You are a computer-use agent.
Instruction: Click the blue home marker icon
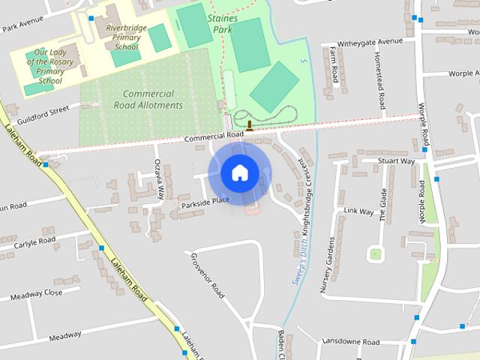pyautogui.click(x=239, y=172)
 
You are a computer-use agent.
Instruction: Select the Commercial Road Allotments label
pyautogui.click(x=148, y=100)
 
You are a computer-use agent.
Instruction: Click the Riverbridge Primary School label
pyautogui.click(x=118, y=35)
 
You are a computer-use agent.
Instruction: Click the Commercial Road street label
pyautogui.click(x=215, y=137)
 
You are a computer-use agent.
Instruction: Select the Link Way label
pyautogui.click(x=358, y=211)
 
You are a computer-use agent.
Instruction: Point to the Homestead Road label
pyautogui.click(x=381, y=81)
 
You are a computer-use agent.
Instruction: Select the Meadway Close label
pyautogui.click(x=36, y=295)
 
